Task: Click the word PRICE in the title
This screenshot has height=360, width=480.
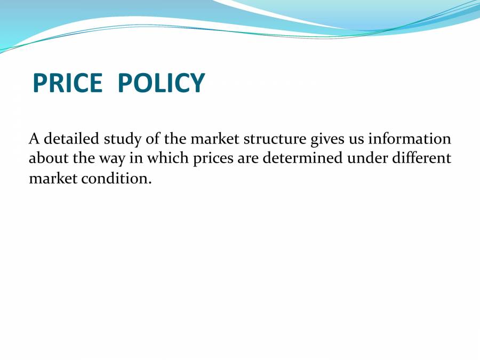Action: coord(67,83)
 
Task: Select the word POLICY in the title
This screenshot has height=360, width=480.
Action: coord(161,83)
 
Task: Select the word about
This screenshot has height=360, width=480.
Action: coord(47,158)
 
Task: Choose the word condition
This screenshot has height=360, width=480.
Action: coord(117,179)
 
